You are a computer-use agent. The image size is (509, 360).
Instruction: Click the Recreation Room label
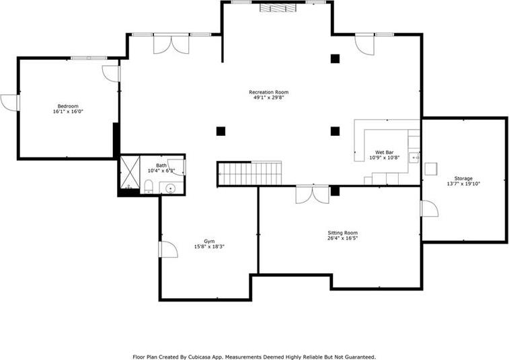coord(268,92)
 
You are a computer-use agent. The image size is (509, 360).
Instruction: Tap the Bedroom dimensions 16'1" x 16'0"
coord(68,112)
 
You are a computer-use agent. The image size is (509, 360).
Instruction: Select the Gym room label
coord(209,242)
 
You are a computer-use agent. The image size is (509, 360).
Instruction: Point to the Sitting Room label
coord(342,233)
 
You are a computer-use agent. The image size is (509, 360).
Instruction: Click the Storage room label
coord(463,178)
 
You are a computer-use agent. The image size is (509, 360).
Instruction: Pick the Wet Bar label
coord(385,152)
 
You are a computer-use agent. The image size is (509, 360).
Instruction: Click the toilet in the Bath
coord(149,186)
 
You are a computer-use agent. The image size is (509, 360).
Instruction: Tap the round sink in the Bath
coord(170,188)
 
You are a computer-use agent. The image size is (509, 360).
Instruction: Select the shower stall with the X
coord(130,172)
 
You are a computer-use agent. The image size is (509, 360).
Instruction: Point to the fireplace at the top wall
coord(278,8)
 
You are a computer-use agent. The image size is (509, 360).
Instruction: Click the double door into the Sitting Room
coord(312,194)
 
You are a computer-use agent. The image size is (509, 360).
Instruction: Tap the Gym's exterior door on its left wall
coord(168,250)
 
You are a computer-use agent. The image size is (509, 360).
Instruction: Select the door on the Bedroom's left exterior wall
coord(10,103)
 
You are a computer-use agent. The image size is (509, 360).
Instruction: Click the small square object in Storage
coord(431,169)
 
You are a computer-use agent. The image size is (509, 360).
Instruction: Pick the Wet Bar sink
coord(415,157)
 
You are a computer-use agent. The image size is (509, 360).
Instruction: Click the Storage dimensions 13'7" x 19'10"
coord(463,184)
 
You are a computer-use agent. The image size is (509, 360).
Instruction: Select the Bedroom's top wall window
coord(89,58)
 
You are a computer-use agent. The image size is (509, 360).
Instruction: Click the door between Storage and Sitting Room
coord(429,209)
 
